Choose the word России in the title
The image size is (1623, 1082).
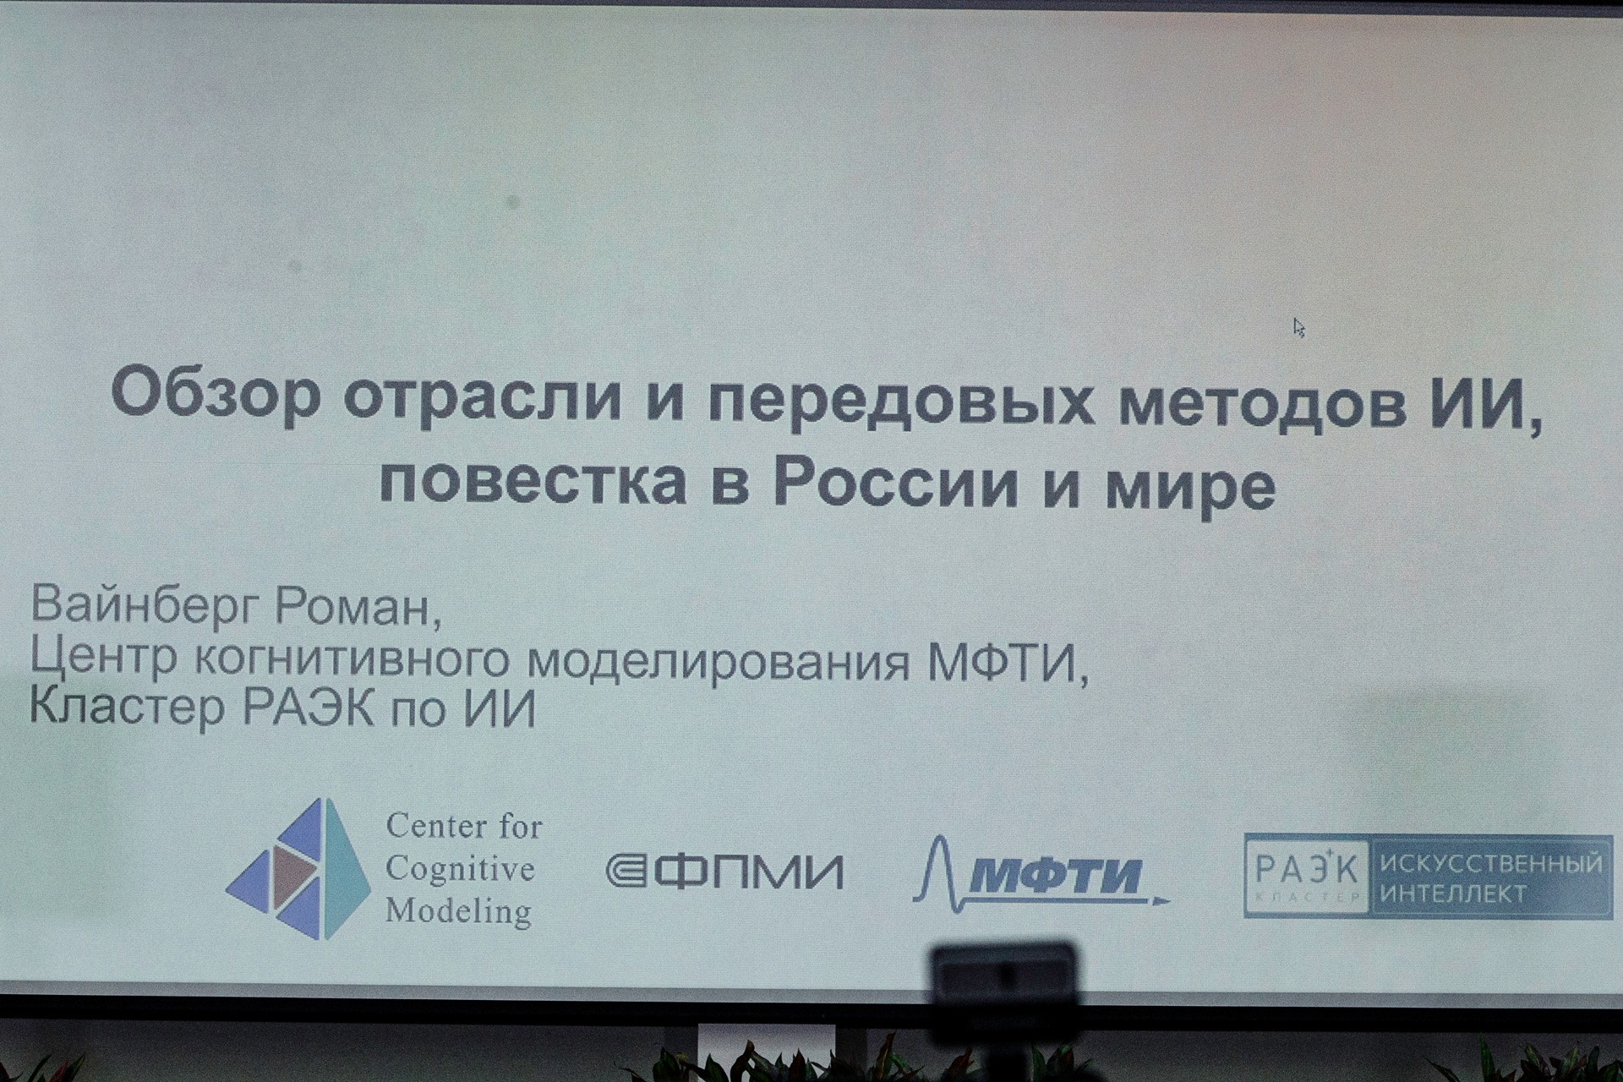[x=896, y=483]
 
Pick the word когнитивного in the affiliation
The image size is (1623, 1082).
[x=352, y=659]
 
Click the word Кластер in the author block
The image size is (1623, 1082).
[x=128, y=707]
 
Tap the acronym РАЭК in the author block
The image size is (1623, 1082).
[x=309, y=707]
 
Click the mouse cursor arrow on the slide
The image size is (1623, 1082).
[x=1299, y=328]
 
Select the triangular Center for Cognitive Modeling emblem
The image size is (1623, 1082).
[x=298, y=869]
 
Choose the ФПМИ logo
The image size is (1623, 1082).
[x=725, y=872]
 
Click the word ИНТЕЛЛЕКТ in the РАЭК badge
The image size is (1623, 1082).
[x=1453, y=893]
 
